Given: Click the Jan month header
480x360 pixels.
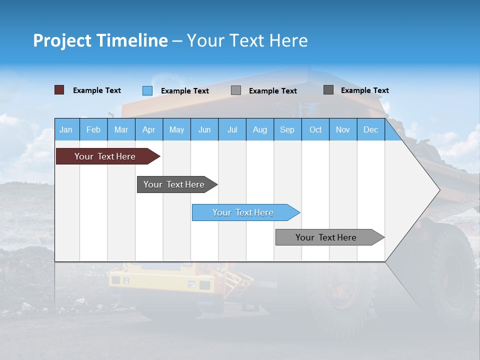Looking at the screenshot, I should [x=66, y=129].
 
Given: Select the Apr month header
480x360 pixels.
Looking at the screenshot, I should [x=148, y=129].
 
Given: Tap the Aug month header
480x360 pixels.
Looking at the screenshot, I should [x=259, y=129].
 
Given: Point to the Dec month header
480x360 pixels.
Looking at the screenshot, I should [x=370, y=129].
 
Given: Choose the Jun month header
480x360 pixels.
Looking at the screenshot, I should [x=204, y=129].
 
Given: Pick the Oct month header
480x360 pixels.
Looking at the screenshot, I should [x=315, y=129].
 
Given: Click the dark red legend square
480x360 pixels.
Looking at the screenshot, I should [x=59, y=90].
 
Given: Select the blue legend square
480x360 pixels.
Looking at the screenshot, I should [x=147, y=90].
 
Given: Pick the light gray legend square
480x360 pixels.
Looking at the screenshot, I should [x=236, y=90].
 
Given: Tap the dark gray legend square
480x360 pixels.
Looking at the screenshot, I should [x=328, y=90].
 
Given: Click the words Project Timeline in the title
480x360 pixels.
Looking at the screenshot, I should [x=100, y=40].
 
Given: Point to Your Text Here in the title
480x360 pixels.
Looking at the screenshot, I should [x=247, y=40].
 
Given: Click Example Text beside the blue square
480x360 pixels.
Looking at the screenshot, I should [x=184, y=91].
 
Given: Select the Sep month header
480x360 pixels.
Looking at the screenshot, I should [x=287, y=129].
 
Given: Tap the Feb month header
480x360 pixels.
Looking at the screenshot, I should [x=93, y=129].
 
